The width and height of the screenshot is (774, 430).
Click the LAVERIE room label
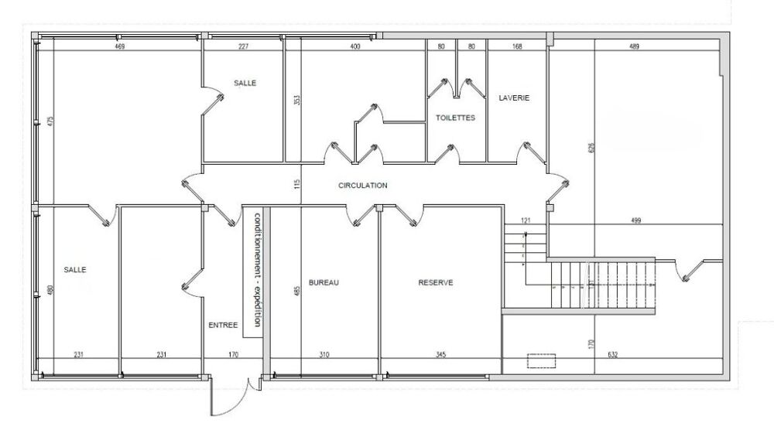[514, 97]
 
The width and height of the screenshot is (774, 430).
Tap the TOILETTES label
[455, 118]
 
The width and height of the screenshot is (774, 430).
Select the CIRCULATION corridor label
[363, 186]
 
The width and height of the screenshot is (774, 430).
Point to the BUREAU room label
[324, 282]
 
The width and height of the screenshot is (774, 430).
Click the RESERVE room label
[436, 282]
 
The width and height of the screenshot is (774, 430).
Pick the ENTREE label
[223, 325]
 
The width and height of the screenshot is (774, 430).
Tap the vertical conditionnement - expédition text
[257, 270]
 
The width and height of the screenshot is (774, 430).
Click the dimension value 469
[119, 47]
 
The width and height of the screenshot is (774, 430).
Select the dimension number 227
[243, 47]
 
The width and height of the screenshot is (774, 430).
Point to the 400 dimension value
[355, 47]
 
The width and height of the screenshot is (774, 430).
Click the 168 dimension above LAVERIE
[517, 47]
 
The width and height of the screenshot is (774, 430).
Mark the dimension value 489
[635, 47]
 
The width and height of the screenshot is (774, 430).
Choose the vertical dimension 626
[592, 148]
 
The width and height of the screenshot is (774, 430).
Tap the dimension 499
[635, 220]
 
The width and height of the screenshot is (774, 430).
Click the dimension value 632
[612, 354]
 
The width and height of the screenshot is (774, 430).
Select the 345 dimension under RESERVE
[441, 354]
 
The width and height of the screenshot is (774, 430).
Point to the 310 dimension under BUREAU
[324, 354]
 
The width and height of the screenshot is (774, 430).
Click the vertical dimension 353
[296, 100]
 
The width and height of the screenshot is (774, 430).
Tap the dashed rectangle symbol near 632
[542, 360]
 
